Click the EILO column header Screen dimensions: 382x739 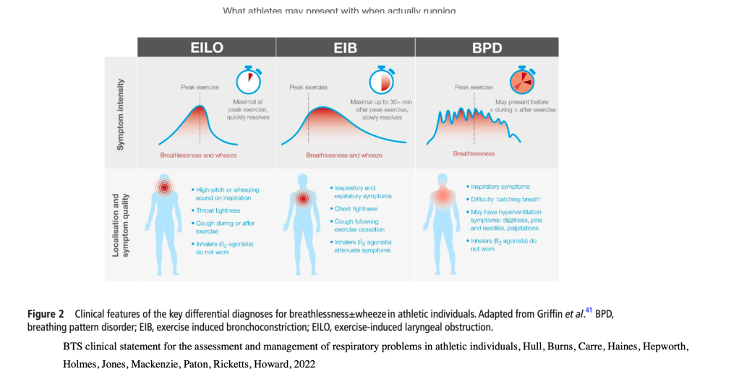click(x=207, y=47)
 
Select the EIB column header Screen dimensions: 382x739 click(x=345, y=47)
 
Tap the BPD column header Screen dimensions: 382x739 click(x=486, y=47)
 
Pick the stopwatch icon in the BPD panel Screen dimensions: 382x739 click(x=520, y=79)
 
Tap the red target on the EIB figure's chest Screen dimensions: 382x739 click(x=304, y=198)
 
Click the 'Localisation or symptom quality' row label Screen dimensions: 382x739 click(x=121, y=225)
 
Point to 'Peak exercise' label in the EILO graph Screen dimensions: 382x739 click(x=199, y=87)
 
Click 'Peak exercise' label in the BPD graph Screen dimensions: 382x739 click(x=474, y=87)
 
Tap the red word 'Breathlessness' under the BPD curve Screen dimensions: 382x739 click(x=474, y=153)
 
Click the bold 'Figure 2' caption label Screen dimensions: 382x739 click(x=46, y=314)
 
